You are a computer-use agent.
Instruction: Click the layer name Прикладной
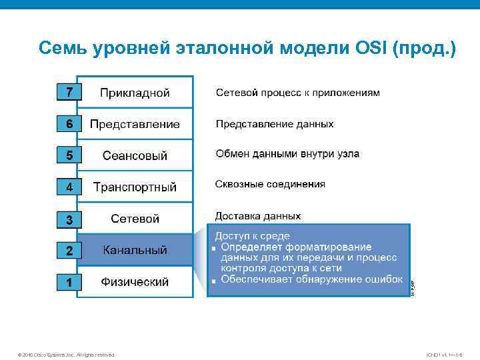135,93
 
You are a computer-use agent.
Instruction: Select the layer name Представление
135,124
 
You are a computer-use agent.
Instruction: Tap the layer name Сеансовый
135,155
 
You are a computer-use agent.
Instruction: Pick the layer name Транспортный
135,187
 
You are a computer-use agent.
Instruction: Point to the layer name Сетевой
135,219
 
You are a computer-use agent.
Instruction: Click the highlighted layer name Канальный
135,251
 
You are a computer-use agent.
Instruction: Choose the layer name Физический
135,282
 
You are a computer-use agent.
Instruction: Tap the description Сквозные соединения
270,184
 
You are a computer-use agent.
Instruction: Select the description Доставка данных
257,216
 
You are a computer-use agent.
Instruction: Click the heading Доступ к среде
251,236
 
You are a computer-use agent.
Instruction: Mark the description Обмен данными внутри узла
287,154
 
